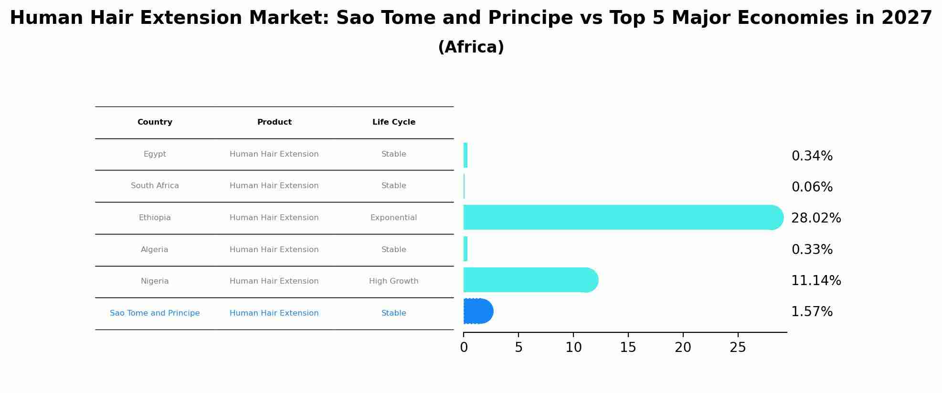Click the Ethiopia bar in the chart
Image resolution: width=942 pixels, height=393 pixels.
tap(621, 217)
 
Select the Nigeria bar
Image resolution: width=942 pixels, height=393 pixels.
tap(530, 280)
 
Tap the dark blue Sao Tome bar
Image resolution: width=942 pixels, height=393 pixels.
tap(477, 311)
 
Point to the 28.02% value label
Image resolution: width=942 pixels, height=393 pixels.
tap(816, 218)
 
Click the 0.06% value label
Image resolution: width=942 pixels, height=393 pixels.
tap(812, 187)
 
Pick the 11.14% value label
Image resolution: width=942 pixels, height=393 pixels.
tap(816, 281)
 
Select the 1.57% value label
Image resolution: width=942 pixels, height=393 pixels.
tap(812, 312)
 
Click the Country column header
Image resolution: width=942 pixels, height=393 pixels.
tap(155, 122)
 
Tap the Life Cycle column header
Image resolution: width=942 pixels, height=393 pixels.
tap(393, 122)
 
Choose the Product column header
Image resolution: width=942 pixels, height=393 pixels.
tap(274, 122)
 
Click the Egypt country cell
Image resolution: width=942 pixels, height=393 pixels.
tap(155, 154)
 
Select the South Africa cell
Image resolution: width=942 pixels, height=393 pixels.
tap(155, 186)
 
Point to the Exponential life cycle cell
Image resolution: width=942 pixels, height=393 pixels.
tap(393, 218)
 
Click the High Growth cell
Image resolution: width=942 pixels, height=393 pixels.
tap(393, 281)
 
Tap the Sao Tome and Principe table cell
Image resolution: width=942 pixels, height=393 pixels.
tap(155, 313)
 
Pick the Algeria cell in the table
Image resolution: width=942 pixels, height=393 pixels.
tap(155, 250)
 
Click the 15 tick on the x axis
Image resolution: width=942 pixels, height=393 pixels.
tap(628, 348)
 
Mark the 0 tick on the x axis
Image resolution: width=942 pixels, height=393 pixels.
tap(464, 348)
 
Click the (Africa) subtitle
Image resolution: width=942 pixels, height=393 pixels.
tap(471, 47)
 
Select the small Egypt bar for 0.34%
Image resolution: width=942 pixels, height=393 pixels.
tap(466, 155)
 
